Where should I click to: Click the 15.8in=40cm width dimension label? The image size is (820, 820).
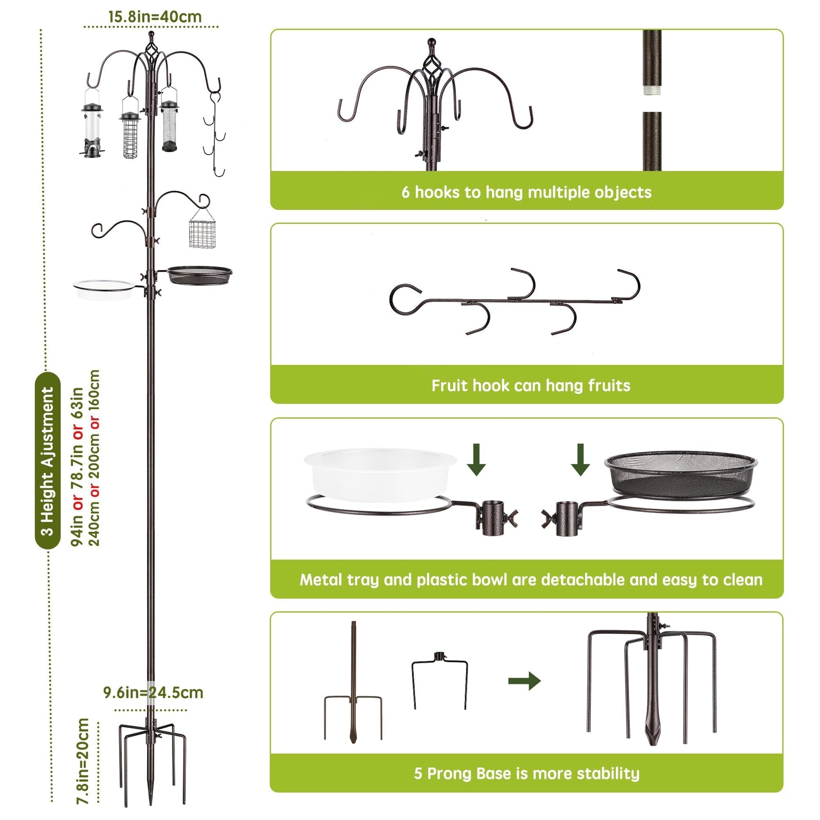[x=155, y=17]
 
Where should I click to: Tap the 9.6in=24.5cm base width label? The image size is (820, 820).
[x=153, y=692]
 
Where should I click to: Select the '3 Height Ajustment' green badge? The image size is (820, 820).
[x=48, y=461]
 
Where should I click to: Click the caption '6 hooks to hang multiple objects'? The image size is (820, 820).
[x=526, y=192]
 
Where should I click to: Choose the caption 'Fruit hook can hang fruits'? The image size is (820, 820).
[x=531, y=386]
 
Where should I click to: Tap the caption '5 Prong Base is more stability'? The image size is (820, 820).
[x=527, y=773]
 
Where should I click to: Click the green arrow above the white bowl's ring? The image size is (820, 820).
[x=476, y=460]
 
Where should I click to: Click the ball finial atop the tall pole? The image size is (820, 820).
[x=151, y=34]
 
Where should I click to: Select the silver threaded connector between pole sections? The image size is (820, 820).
[x=651, y=91]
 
